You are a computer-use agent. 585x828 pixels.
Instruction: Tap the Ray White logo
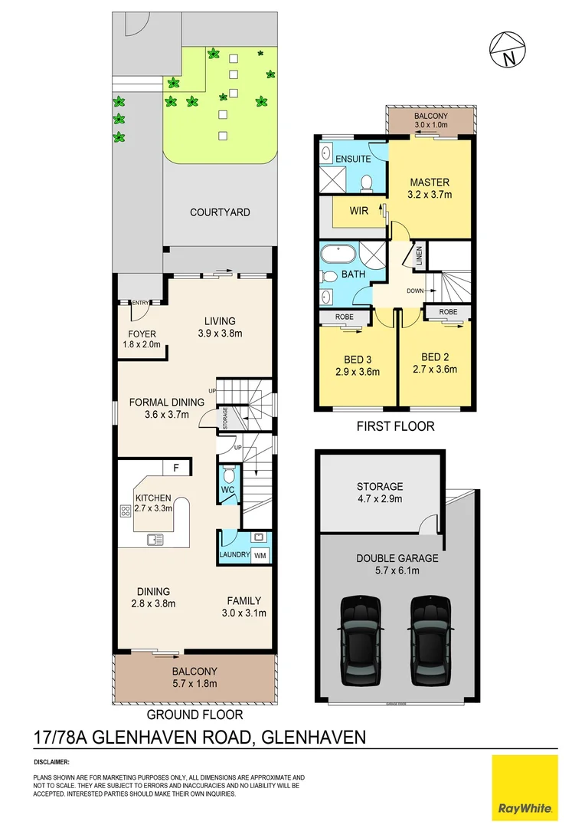[x=525, y=787]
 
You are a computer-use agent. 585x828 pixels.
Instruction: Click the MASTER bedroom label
[x=430, y=182]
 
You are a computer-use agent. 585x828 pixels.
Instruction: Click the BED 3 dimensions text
[x=358, y=372]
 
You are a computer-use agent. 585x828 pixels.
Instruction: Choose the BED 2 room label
[x=435, y=357]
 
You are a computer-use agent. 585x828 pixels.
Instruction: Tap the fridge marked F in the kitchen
[x=176, y=467]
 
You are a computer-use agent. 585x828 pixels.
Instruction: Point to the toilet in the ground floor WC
[x=228, y=475]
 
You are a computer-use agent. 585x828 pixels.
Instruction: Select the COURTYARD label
[x=220, y=212]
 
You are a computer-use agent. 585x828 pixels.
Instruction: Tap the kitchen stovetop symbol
[x=125, y=511]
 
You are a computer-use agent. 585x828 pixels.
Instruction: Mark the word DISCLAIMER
[x=52, y=763]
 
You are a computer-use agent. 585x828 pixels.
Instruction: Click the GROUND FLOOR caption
[x=194, y=715]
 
